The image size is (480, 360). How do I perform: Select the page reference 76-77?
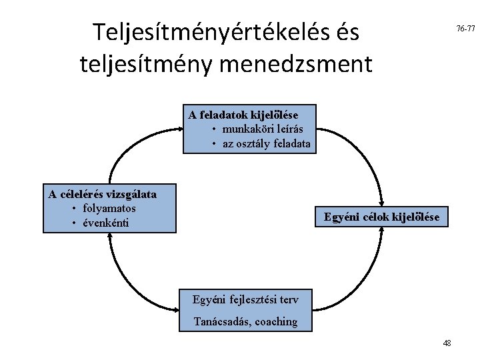(465, 29)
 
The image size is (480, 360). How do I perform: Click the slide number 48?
(447, 343)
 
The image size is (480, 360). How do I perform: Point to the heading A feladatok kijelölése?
(243, 115)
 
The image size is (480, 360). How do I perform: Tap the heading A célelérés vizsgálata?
(103, 195)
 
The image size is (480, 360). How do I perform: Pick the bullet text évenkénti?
(105, 223)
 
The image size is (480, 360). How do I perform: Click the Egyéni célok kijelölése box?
(381, 217)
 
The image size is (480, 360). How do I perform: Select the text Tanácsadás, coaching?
(245, 321)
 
